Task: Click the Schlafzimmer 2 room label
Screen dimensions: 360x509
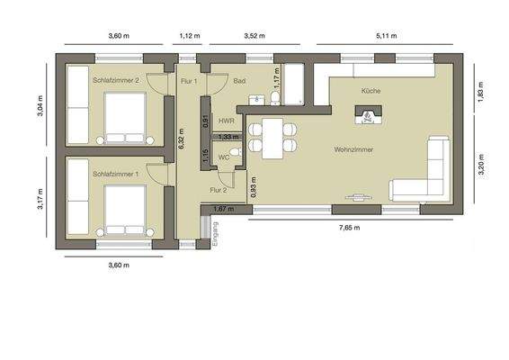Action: pos(115,81)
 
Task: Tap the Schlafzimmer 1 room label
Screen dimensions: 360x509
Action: pos(115,174)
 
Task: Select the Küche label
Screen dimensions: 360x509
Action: pos(371,92)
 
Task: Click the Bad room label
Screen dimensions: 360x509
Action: pos(240,81)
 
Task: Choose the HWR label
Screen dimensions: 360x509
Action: pos(226,120)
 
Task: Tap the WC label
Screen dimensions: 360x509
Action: pos(223,156)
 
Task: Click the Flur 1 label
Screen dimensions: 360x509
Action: pos(189,81)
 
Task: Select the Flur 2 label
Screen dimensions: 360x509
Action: pos(218,190)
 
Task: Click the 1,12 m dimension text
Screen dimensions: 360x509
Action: pos(189,37)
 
